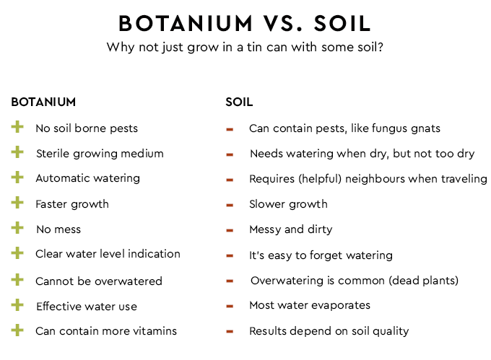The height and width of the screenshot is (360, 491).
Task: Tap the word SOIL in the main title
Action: point(342,24)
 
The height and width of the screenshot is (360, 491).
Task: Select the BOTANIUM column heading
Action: point(43,102)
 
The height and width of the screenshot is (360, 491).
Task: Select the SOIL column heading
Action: point(239,102)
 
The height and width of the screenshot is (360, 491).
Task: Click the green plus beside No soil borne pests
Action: point(17,128)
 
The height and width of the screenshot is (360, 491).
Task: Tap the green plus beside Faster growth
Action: point(17,203)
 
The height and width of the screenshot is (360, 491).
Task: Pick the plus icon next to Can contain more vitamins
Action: point(17,330)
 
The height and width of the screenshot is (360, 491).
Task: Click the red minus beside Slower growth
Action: point(230,205)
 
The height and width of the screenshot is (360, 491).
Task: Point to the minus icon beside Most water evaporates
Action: point(230,306)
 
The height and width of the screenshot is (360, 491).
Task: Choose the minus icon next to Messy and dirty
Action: point(230,230)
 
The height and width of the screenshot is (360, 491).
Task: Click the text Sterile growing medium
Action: point(100,154)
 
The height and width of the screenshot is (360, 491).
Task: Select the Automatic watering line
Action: point(87,178)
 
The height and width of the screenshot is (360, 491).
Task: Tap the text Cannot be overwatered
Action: point(99,281)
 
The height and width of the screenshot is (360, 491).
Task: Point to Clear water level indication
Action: point(108,254)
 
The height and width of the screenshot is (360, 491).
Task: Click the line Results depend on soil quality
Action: point(329,331)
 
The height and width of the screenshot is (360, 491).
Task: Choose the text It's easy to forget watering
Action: point(321,255)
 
